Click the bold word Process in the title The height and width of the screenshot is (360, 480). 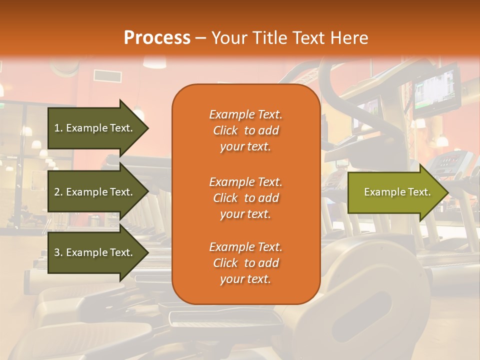(157, 38)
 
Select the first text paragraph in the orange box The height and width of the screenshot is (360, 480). (245, 130)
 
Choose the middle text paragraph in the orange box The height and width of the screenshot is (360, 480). (245, 198)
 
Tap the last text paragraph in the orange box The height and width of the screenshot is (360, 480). (245, 263)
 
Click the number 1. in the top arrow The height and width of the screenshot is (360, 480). (58, 128)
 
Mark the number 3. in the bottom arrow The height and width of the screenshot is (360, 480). (58, 252)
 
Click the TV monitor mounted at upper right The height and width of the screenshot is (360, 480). (436, 90)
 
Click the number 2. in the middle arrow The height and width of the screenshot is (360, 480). (58, 192)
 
